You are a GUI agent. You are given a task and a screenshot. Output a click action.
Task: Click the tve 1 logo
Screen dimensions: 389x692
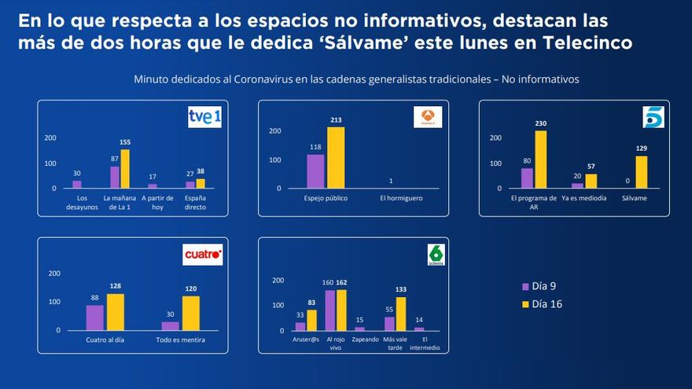click(204, 117)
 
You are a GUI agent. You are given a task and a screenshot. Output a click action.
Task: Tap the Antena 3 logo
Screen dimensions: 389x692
click(428, 117)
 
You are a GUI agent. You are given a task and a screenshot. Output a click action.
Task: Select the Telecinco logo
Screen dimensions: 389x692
click(653, 116)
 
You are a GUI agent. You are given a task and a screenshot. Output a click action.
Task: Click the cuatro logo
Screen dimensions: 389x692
click(203, 255)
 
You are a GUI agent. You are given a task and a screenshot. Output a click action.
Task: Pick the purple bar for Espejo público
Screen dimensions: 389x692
click(315, 171)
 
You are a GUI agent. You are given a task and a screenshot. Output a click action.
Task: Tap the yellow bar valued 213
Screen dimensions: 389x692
click(337, 157)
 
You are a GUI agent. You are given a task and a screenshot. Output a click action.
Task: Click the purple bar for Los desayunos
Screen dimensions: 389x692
click(77, 185)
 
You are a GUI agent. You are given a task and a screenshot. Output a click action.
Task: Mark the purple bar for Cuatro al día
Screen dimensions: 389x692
click(95, 317)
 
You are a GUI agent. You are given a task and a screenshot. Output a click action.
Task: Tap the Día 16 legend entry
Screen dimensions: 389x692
click(545, 303)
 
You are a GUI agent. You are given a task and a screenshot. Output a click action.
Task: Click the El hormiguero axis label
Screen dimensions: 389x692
click(400, 198)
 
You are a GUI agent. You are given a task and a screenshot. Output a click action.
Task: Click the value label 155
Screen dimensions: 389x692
click(125, 142)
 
